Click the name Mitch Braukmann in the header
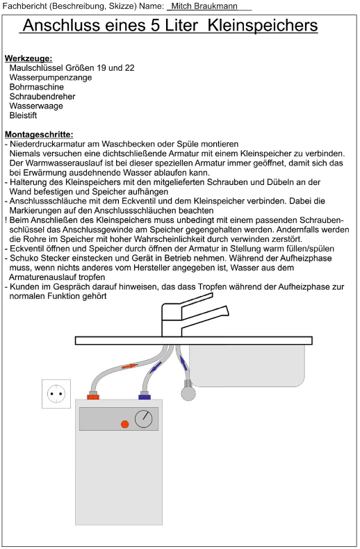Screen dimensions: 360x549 [x=204, y=6]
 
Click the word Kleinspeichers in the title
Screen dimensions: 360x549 [x=263, y=25]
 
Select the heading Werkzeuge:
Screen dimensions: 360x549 [x=28, y=58]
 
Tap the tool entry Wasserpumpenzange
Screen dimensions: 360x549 [x=51, y=77]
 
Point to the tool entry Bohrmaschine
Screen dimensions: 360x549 [x=36, y=87]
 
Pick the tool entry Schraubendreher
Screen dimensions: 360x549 [x=42, y=97]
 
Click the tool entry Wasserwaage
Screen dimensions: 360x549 [x=36, y=106]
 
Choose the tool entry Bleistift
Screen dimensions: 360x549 [x=23, y=115]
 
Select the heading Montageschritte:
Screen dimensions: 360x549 [x=39, y=134]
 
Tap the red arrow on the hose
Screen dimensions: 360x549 [x=129, y=366]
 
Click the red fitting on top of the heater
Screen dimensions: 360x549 [x=93, y=397]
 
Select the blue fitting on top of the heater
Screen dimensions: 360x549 [x=145, y=397]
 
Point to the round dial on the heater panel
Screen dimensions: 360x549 [x=144, y=419]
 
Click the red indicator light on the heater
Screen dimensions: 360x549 [x=124, y=425]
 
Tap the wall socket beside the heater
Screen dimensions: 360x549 [x=56, y=394]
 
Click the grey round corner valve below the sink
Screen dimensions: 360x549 [x=188, y=393]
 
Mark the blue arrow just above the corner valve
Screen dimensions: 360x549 [x=183, y=362]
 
